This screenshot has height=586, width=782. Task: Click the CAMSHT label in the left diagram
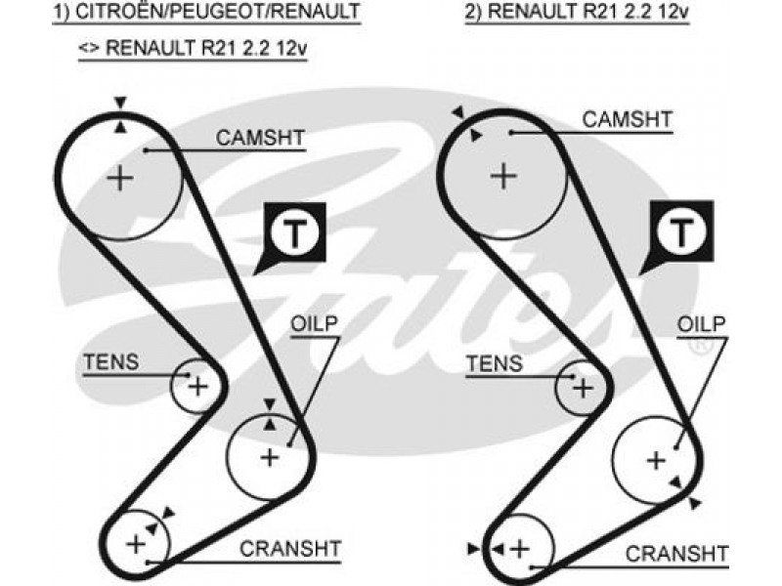click(260, 138)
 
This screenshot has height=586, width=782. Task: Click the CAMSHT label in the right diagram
click(627, 119)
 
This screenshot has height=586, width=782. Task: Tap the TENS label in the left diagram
click(111, 362)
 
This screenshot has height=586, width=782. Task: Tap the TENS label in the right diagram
click(495, 363)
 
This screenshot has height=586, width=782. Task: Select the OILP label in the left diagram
click(314, 324)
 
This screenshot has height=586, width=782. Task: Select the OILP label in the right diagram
click(701, 324)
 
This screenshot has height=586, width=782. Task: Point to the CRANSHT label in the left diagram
click(290, 549)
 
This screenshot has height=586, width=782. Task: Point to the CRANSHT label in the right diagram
click(676, 554)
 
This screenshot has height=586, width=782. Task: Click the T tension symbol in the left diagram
click(295, 233)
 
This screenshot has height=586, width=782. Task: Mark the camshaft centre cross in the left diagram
click(120, 178)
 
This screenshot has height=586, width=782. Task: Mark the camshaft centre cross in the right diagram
click(503, 176)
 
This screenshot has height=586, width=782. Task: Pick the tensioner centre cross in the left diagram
click(198, 386)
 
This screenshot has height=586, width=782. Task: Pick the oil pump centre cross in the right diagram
click(656, 460)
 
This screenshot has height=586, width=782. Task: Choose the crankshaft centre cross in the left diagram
click(136, 543)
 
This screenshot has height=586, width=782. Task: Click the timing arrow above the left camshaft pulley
click(120, 103)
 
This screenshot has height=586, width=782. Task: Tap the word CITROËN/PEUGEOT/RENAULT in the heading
click(217, 11)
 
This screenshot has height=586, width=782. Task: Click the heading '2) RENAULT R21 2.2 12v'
click(577, 11)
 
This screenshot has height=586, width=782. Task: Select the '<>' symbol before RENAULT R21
click(89, 48)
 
